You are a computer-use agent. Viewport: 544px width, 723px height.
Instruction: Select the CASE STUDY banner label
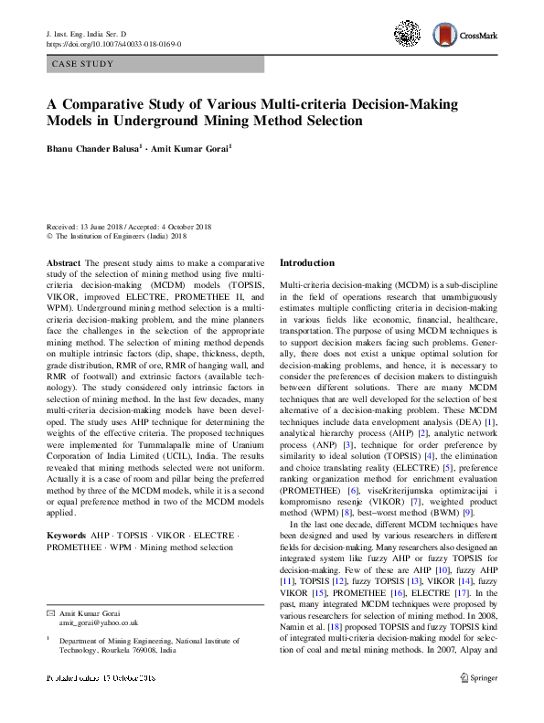pos(83,65)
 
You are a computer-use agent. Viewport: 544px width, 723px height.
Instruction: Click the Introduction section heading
pos(306,262)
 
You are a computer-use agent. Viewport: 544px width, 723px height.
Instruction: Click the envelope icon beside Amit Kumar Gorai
pos(50,611)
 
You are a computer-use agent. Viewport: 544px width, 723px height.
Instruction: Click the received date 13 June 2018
pos(105,226)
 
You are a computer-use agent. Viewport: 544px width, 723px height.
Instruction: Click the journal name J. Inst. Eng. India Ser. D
pos(91,33)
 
